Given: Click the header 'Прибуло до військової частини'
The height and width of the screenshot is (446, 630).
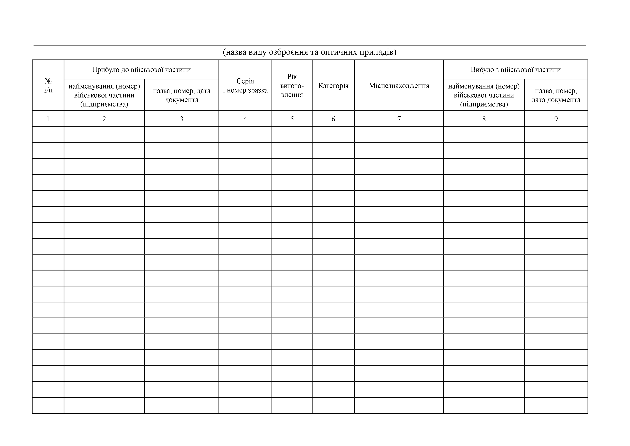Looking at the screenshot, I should pyautogui.click(x=141, y=70).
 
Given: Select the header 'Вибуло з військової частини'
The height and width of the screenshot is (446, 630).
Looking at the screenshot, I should pyautogui.click(x=516, y=70).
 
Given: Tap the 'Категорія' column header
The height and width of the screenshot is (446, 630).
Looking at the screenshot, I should pyautogui.click(x=333, y=86).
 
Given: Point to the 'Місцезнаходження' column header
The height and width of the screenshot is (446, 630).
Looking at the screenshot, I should pyautogui.click(x=399, y=86).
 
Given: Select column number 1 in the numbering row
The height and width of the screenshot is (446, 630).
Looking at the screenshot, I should pyautogui.click(x=48, y=119).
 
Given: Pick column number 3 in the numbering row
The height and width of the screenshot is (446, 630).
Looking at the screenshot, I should pyautogui.click(x=181, y=119).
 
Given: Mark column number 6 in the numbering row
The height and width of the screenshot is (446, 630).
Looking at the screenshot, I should pyautogui.click(x=333, y=119).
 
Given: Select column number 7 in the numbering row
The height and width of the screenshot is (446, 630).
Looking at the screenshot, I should pyautogui.click(x=399, y=119).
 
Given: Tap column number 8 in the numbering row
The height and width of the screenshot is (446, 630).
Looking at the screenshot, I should pyautogui.click(x=484, y=119).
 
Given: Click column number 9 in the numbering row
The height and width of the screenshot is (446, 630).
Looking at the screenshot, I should pyautogui.click(x=556, y=119).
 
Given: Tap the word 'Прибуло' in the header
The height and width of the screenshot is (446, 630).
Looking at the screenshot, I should pyautogui.click(x=105, y=70).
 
